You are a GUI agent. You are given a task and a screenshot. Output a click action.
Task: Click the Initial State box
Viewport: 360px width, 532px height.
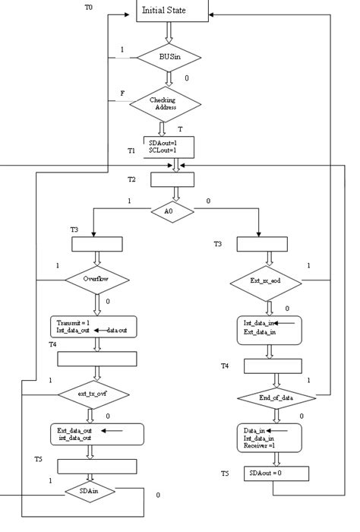[173, 11]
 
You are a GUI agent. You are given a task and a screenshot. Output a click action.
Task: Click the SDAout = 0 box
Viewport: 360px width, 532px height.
[277, 473]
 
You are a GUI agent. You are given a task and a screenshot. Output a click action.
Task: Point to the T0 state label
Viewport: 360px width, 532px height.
[88, 6]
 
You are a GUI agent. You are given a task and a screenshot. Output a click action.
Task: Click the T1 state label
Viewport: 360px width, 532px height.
[131, 151]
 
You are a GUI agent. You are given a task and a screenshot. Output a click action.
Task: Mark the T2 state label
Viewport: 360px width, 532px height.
[131, 179]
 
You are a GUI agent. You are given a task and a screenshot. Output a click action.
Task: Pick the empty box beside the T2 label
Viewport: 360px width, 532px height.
[172, 179]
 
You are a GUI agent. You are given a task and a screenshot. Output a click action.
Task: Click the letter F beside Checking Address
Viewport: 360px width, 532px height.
[122, 93]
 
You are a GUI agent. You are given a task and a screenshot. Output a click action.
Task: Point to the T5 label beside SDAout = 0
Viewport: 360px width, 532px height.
[225, 473]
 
